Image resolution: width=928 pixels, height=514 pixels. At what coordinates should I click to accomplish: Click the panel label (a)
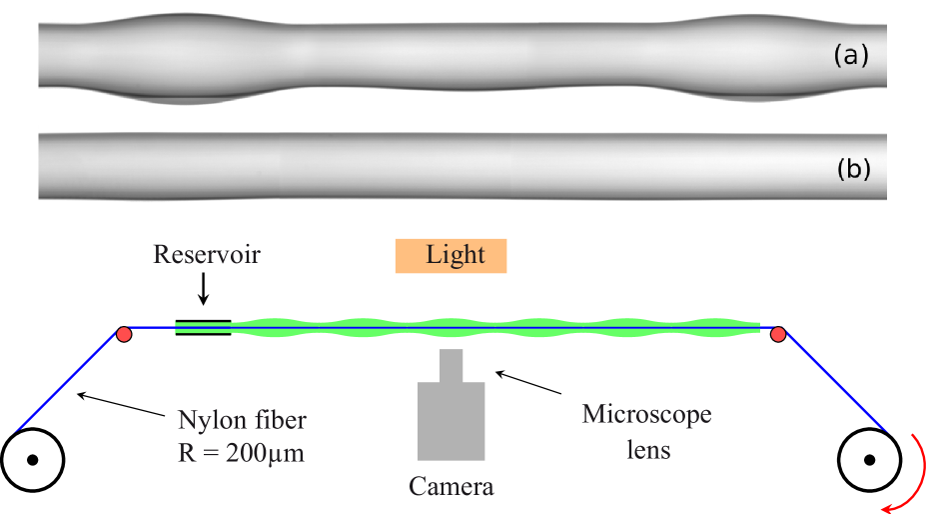(x=851, y=56)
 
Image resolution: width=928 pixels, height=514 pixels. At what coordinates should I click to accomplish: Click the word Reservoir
(x=207, y=255)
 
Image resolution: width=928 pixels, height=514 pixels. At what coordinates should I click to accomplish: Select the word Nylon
(x=209, y=419)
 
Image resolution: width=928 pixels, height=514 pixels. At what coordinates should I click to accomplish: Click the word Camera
(x=451, y=487)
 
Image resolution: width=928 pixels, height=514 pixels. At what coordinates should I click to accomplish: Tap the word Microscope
(x=646, y=414)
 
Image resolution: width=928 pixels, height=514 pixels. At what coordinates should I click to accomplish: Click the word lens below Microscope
(x=647, y=450)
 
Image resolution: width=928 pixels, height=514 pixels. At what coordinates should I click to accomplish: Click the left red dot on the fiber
(x=124, y=334)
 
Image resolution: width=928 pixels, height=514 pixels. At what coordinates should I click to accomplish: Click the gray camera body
(x=452, y=421)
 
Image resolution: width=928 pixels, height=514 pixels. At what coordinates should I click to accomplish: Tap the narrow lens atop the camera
(x=452, y=366)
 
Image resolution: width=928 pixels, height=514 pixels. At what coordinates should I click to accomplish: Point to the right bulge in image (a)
(x=750, y=55)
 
